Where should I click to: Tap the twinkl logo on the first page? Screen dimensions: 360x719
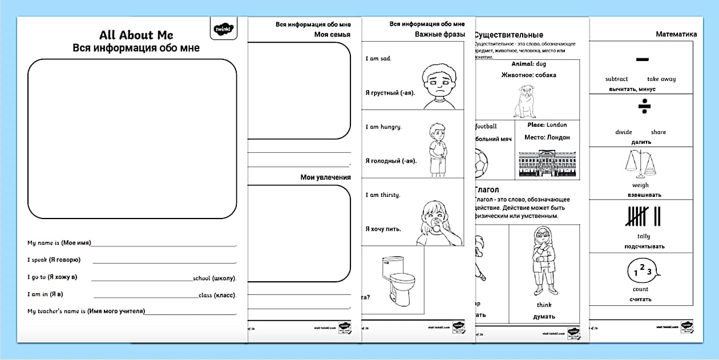[x=223, y=29]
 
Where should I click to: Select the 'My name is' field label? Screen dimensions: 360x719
[x=59, y=243]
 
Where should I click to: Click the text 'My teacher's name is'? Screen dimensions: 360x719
[x=86, y=312]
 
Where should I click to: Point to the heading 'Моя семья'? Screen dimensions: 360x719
[x=332, y=35]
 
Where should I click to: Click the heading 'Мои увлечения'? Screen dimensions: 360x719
[x=325, y=177]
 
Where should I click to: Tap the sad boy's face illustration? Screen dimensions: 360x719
[x=438, y=86]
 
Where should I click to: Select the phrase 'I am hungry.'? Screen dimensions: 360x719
[x=383, y=127]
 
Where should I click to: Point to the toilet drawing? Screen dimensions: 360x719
[x=396, y=279]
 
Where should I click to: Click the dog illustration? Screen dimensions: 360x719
[x=528, y=102]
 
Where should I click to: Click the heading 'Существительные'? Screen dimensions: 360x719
[x=508, y=35]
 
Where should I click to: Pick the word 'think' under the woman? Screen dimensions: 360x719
[x=544, y=305]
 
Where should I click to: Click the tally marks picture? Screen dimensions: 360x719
[x=643, y=216]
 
